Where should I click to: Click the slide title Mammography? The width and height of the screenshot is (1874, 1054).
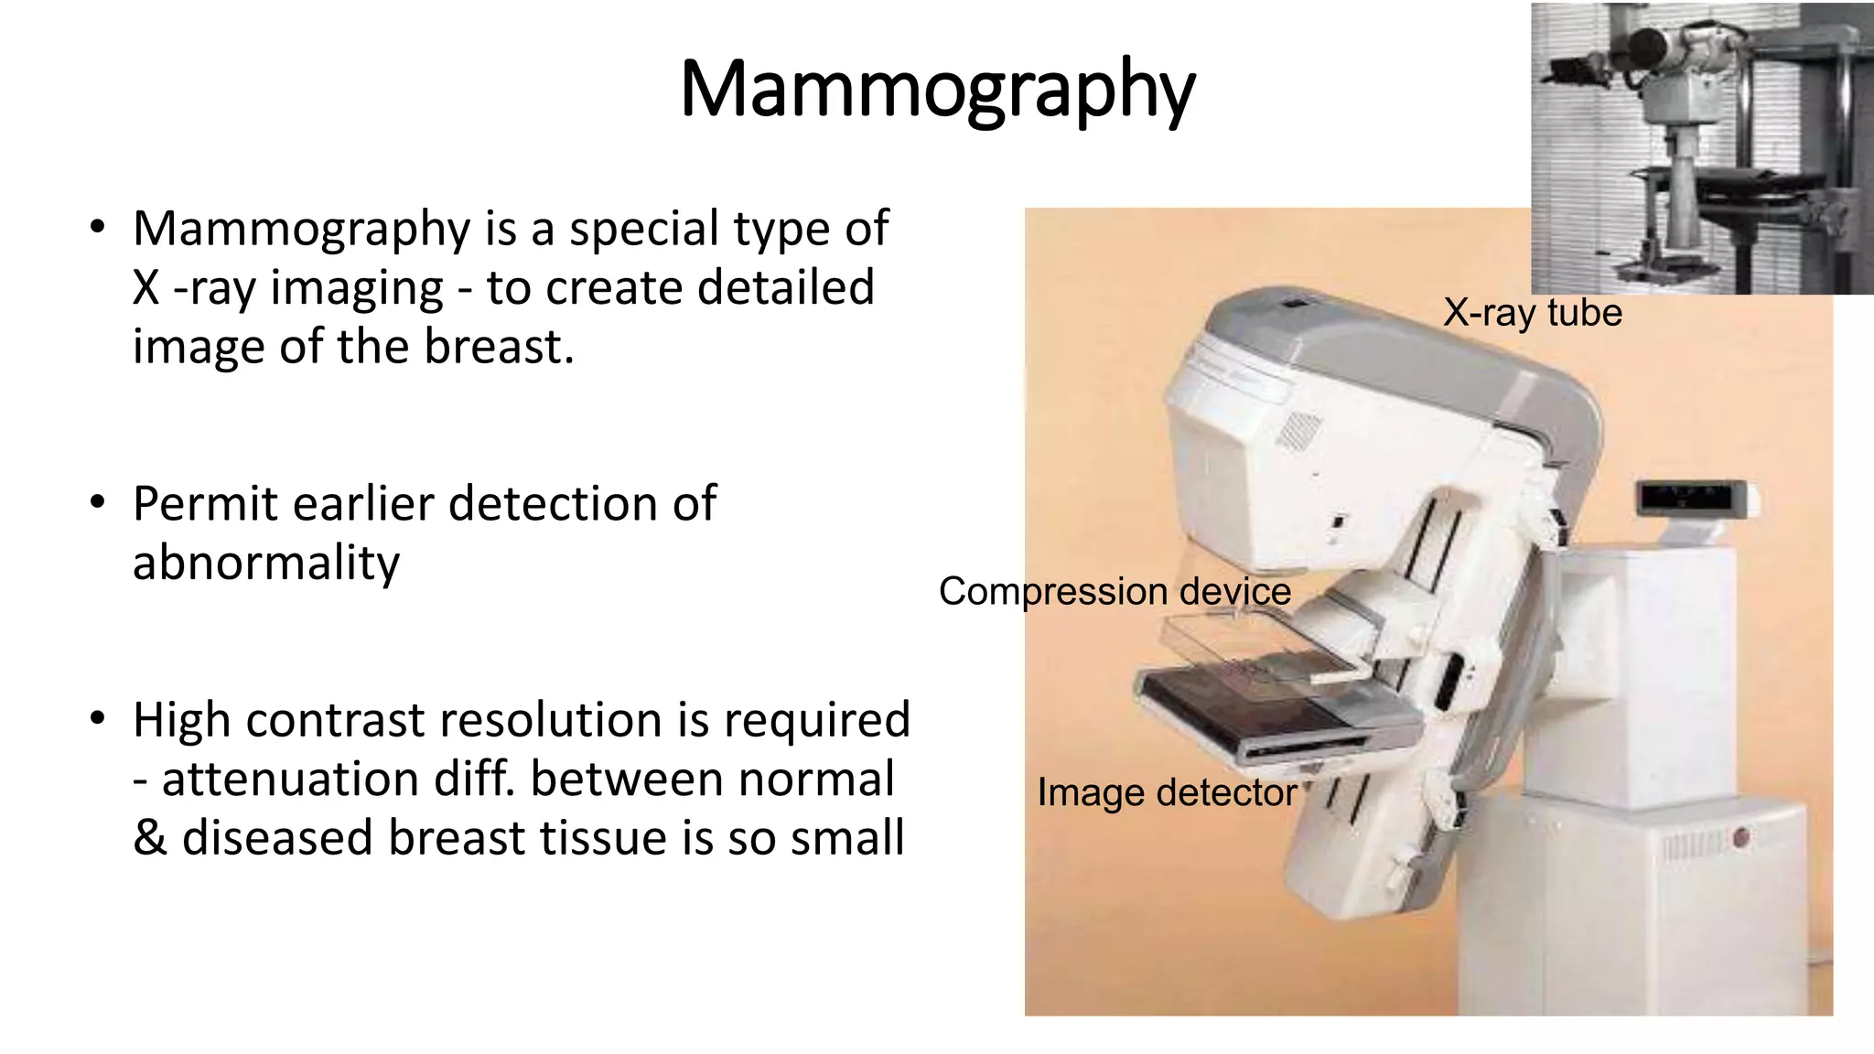[x=937, y=90]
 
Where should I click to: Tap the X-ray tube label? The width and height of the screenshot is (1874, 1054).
[x=1533, y=313]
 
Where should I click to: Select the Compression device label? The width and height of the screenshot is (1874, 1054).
[x=1115, y=591]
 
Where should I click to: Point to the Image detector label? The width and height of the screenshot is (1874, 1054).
[x=1167, y=792]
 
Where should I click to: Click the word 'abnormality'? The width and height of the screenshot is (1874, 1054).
[x=266, y=563]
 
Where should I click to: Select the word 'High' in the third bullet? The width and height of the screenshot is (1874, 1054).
[x=182, y=720]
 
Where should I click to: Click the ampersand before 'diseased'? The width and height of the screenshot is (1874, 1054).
[x=149, y=838]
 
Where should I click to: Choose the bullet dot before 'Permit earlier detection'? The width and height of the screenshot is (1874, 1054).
[x=98, y=503]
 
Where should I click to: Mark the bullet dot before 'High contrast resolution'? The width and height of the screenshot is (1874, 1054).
[x=98, y=719]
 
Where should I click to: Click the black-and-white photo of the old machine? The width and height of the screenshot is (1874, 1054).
[x=1702, y=148]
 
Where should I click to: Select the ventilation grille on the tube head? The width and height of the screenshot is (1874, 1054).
[x=1298, y=430]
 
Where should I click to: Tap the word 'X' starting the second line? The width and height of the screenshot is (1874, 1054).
[x=146, y=288]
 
